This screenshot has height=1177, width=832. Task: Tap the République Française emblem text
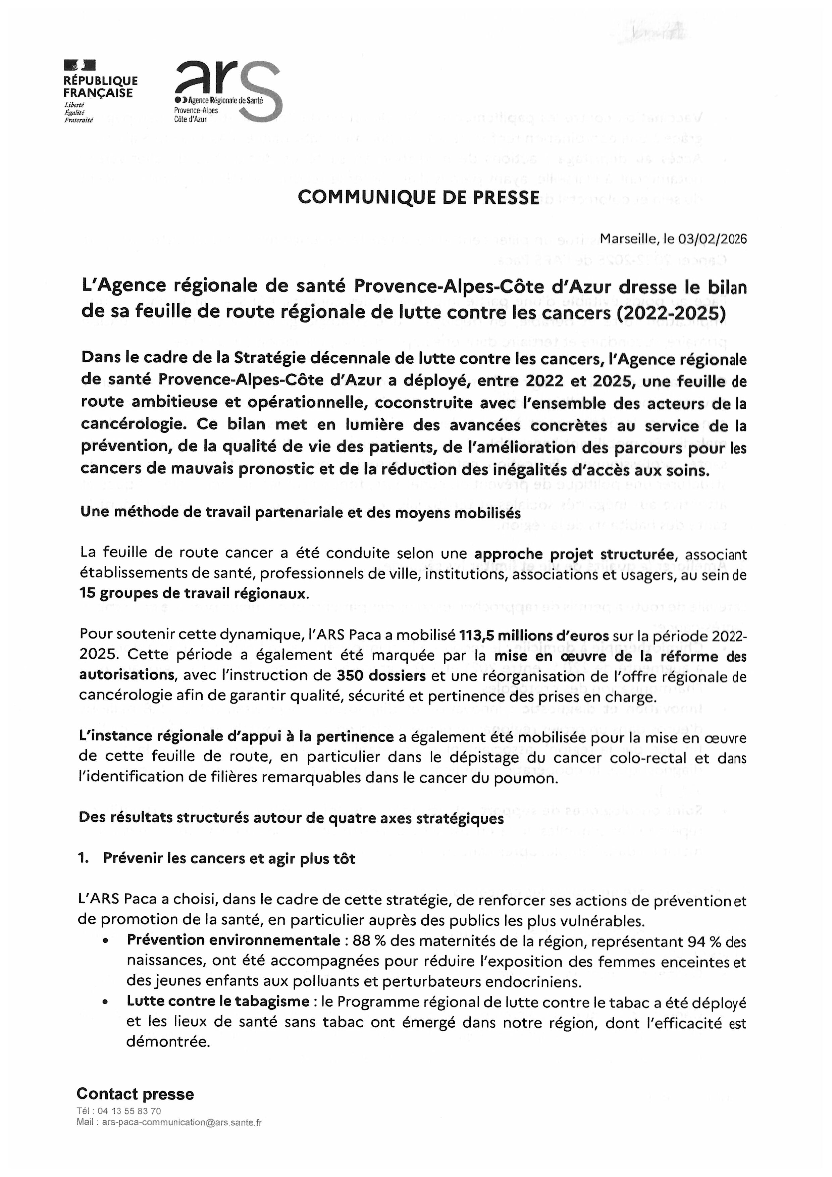[100, 87]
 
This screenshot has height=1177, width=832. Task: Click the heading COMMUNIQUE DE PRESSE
[418, 197]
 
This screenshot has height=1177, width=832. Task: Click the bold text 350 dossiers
[381, 676]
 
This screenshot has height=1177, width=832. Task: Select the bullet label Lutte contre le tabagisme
[218, 1001]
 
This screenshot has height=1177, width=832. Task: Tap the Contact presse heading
[135, 1094]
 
